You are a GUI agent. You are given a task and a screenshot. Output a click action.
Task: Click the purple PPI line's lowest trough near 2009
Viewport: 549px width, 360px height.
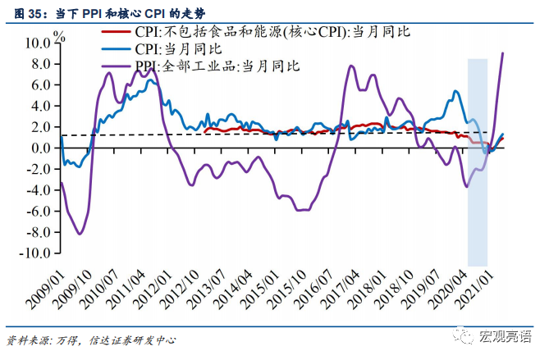pos(80,234)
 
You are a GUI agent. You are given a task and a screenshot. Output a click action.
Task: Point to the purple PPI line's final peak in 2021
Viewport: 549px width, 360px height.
pos(503,53)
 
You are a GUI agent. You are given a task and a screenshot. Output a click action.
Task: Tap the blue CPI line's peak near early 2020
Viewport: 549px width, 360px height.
pos(455,90)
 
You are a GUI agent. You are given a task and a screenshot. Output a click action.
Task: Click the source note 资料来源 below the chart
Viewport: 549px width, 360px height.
pos(90,339)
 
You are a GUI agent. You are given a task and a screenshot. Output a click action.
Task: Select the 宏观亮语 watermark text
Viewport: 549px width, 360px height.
pos(508,336)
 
